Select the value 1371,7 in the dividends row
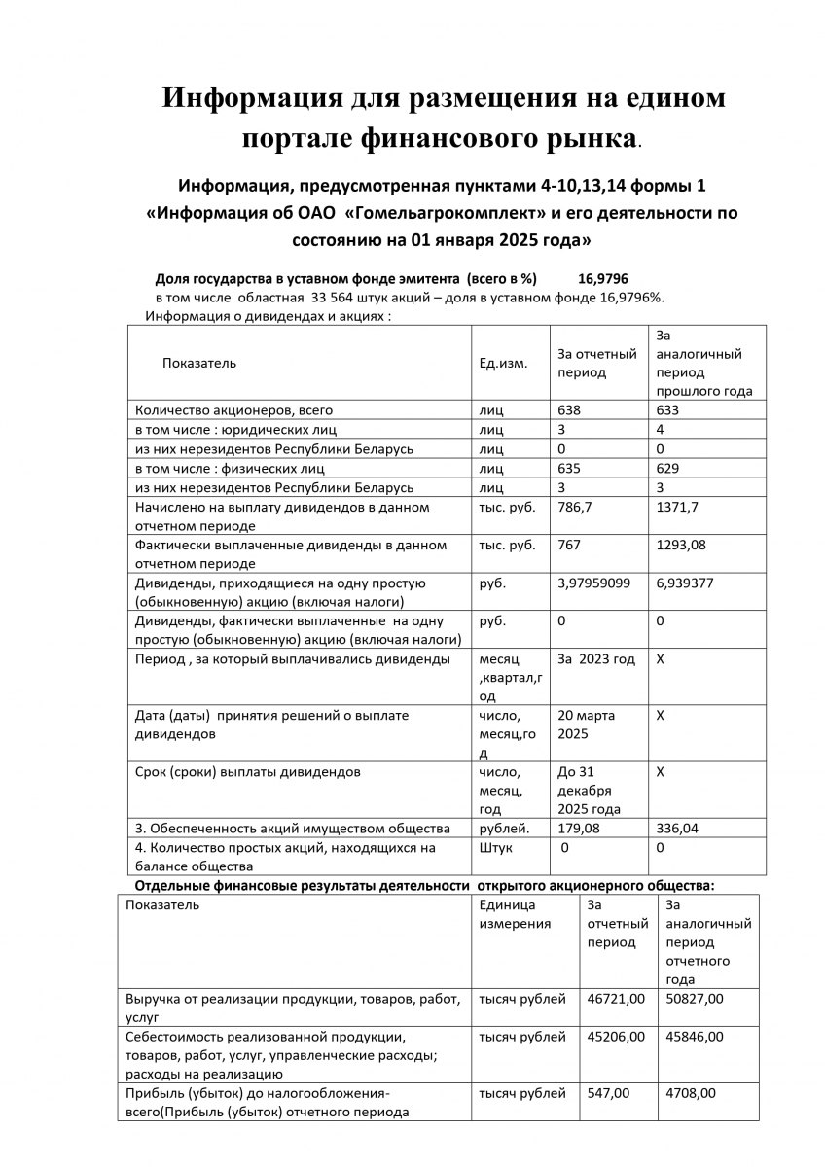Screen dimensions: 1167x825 click(x=678, y=507)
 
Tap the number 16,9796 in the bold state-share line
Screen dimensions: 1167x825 click(x=602, y=278)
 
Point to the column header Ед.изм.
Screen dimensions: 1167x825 click(x=503, y=363)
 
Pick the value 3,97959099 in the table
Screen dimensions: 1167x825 click(x=594, y=583)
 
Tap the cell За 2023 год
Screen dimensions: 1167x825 click(x=596, y=659)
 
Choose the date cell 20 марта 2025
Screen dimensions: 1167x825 click(x=586, y=725)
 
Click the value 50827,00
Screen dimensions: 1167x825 click(x=694, y=998)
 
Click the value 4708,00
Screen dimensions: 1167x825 click(x=690, y=1093)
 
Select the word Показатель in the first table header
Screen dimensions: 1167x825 click(x=199, y=363)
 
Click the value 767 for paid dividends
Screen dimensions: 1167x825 click(x=569, y=545)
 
